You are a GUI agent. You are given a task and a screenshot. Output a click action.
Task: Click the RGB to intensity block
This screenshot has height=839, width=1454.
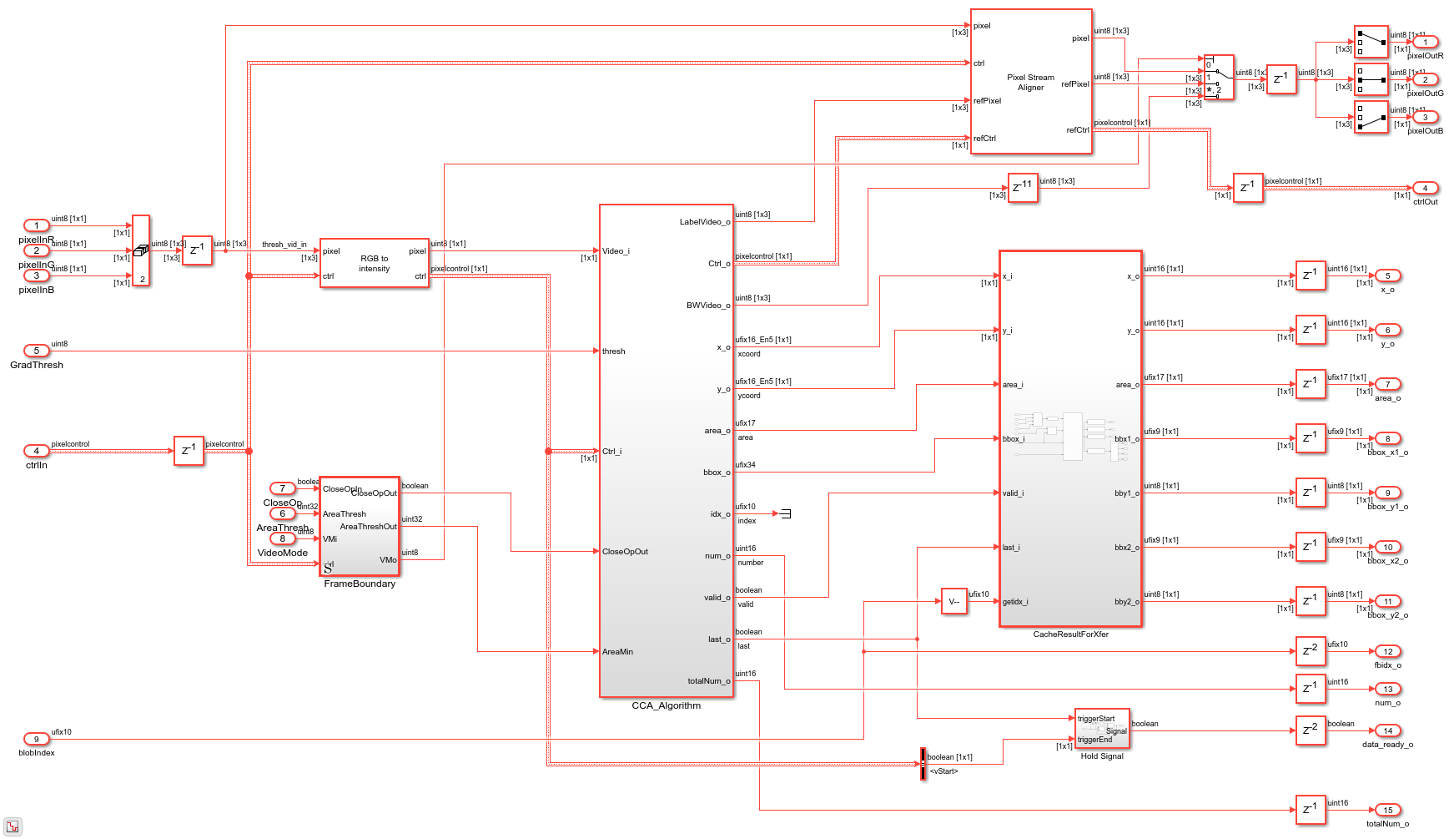pyautogui.click(x=374, y=263)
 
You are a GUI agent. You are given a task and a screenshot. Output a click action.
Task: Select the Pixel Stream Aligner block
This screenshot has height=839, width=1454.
pyautogui.click(x=1030, y=82)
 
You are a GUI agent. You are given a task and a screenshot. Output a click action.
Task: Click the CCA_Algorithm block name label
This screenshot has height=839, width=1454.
pyautogui.click(x=666, y=706)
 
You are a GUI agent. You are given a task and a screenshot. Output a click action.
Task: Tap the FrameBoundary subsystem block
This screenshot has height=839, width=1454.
pyautogui.click(x=360, y=526)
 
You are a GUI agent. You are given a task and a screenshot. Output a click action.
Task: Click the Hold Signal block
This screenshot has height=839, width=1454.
pyautogui.click(x=1101, y=729)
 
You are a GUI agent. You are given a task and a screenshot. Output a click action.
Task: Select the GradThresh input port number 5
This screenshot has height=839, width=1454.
pyautogui.click(x=36, y=351)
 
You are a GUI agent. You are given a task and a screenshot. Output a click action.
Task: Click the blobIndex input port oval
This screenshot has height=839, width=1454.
pyautogui.click(x=36, y=739)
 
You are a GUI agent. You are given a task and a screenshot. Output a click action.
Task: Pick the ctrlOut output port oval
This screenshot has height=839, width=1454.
pyautogui.click(x=1425, y=188)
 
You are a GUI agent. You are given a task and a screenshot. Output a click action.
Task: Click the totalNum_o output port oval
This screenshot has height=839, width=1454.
pyautogui.click(x=1387, y=810)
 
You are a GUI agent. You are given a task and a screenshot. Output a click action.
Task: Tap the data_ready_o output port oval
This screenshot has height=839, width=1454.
pyautogui.click(x=1387, y=730)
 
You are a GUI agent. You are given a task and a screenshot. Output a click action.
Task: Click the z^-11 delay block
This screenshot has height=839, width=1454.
pyautogui.click(x=1023, y=188)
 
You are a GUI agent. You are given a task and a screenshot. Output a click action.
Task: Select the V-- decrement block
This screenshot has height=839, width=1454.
pyautogui.click(x=953, y=601)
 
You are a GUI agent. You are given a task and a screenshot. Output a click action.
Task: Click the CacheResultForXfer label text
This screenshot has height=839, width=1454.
pyautogui.click(x=1070, y=634)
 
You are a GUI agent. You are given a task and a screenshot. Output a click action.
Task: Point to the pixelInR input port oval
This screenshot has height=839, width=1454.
pyautogui.click(x=36, y=225)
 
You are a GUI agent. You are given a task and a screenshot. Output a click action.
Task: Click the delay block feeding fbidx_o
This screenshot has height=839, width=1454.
pyautogui.click(x=1310, y=651)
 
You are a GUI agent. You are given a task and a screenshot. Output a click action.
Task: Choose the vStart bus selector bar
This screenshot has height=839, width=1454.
pyautogui.click(x=923, y=764)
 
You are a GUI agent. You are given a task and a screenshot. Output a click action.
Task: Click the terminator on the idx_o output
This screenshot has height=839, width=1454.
pyautogui.click(x=784, y=513)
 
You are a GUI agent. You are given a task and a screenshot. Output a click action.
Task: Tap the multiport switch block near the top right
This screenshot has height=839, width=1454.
pyautogui.click(x=1218, y=78)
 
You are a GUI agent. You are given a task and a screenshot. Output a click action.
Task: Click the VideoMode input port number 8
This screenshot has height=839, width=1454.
pyautogui.click(x=282, y=538)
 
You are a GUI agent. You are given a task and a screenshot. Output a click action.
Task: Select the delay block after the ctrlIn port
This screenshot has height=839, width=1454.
pyautogui.click(x=189, y=451)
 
